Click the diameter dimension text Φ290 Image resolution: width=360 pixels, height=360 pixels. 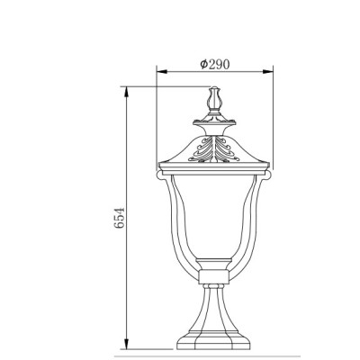214,64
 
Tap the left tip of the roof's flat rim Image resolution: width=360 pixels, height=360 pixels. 158,166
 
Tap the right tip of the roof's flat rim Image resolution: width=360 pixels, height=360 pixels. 271,166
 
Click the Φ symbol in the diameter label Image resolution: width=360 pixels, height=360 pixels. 203,64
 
